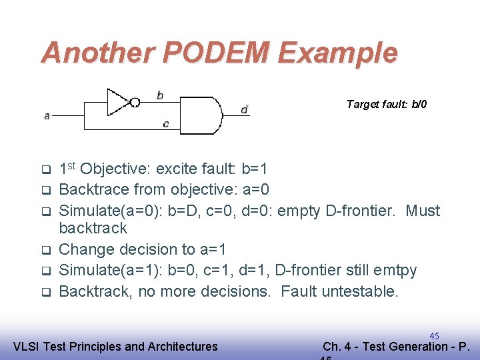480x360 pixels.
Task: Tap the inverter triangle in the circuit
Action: coord(118,101)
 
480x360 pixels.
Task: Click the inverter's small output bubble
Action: coord(135,102)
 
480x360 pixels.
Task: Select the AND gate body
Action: coord(200,115)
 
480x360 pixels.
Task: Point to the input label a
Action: coord(47,116)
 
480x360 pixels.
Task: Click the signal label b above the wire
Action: coord(160,95)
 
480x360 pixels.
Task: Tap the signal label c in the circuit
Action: coord(165,123)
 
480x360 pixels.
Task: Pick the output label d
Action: coord(245,109)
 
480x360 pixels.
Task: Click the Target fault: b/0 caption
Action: coord(387,104)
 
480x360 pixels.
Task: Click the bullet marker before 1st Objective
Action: coord(45,168)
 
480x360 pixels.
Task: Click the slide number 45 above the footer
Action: coord(434,336)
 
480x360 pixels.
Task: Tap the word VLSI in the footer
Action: coord(27,346)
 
